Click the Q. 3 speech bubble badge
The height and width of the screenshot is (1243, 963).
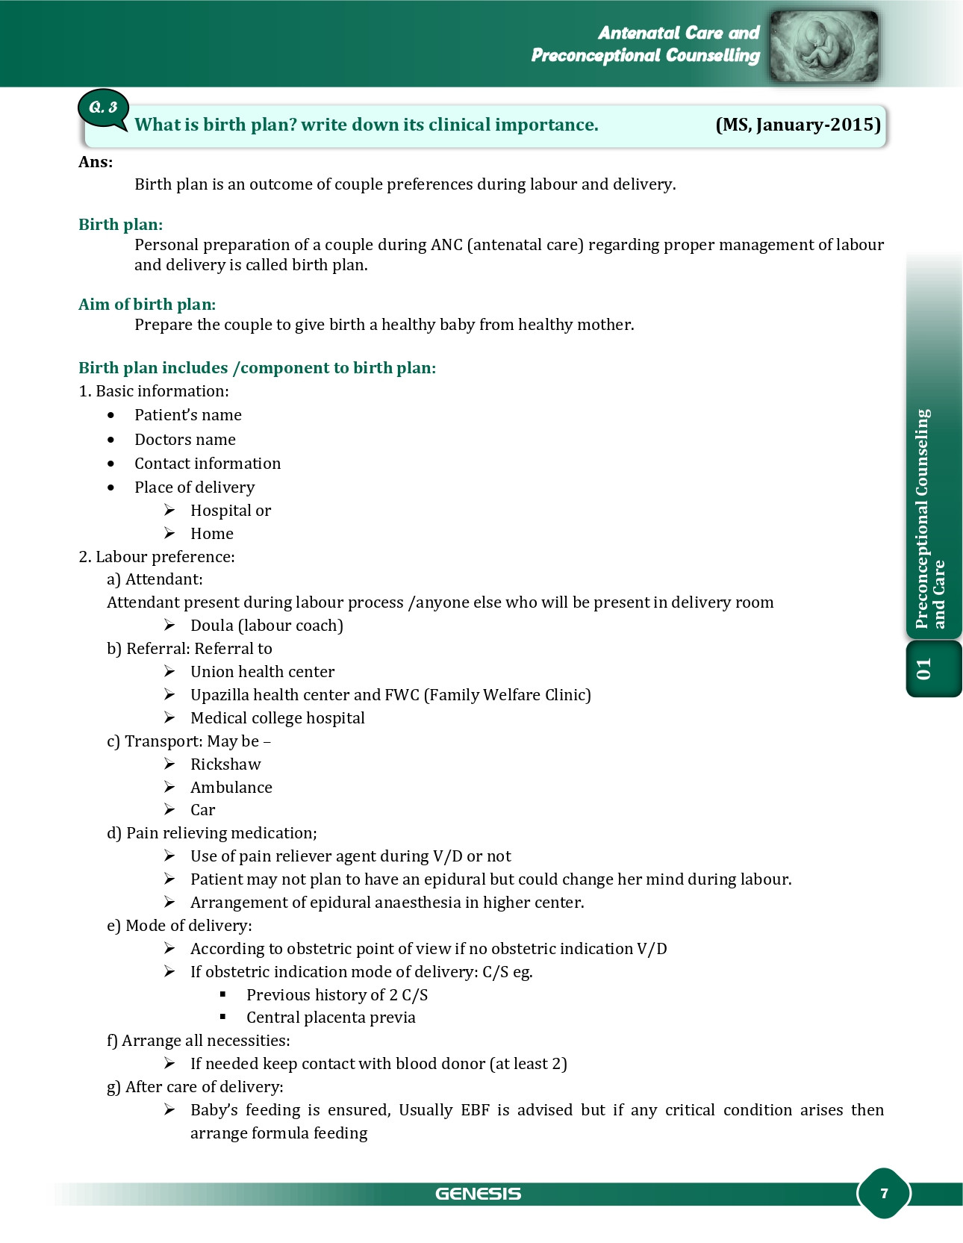coord(103,109)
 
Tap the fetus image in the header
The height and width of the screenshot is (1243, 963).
coord(823,46)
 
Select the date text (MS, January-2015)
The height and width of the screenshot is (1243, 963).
coord(798,125)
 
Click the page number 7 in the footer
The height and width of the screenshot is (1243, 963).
coord(884,1193)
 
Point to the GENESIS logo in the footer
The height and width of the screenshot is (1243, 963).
coord(478,1194)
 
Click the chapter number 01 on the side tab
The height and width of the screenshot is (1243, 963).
coord(924,669)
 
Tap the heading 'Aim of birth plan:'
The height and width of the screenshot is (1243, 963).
coord(147,305)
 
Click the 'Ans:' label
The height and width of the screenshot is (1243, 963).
coord(96,163)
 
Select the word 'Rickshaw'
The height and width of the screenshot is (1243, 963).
coord(225,764)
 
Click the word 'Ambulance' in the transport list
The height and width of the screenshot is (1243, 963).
coord(231,788)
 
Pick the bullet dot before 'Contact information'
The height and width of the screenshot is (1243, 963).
coord(111,464)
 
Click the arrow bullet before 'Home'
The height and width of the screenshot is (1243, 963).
coord(170,533)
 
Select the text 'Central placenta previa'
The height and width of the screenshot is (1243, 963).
coord(331,1018)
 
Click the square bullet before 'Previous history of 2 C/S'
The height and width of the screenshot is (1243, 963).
coord(223,994)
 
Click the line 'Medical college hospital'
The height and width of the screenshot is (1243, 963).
coord(278,718)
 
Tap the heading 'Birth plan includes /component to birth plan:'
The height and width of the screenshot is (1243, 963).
coord(257,368)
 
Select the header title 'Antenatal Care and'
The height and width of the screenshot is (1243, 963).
coord(678,33)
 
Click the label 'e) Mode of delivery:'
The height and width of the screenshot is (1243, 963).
coord(179,926)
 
